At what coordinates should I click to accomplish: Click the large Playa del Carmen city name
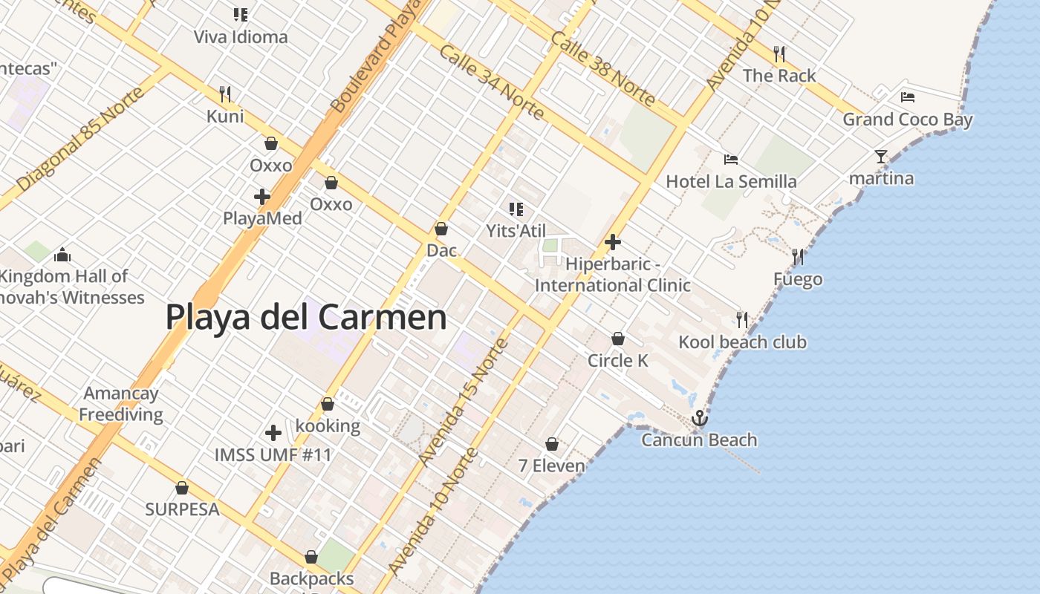pos(305,317)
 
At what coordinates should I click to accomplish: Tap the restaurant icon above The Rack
pos(779,53)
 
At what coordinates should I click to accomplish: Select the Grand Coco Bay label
pos(907,120)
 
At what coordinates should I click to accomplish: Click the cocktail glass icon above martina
pos(881,157)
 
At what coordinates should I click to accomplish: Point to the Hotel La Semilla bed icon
pos(731,159)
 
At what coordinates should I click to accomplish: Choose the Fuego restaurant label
pos(798,279)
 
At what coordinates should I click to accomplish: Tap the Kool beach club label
pos(742,342)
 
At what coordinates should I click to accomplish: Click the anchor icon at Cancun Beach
pos(699,419)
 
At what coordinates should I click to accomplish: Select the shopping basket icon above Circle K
pos(618,339)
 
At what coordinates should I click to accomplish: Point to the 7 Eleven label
pos(551,466)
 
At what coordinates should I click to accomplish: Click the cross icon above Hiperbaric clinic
pos(613,242)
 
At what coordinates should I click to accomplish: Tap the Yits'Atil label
pos(516,231)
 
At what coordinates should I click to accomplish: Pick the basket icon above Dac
pos(441,229)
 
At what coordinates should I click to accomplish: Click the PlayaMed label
pos(262,218)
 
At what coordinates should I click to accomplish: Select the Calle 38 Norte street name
pos(603,68)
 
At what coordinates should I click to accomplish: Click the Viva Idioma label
pos(240,37)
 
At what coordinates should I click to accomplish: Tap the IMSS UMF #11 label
pos(273,454)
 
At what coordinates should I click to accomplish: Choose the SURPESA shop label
pos(182,509)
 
